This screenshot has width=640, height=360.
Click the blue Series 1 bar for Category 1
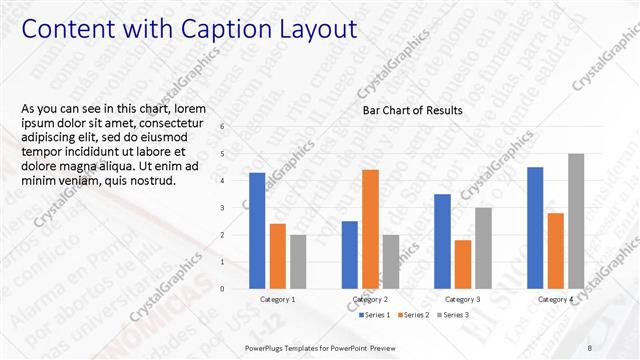tap(257, 231)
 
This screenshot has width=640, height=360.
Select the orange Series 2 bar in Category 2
tap(370, 229)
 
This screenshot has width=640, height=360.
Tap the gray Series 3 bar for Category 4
tap(576, 221)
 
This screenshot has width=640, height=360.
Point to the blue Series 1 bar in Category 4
tap(535, 228)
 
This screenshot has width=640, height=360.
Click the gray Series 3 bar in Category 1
tap(299, 262)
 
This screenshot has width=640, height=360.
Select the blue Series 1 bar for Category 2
tap(349, 255)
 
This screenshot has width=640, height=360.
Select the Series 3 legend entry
tap(453, 315)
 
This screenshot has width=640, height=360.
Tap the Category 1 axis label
tap(278, 300)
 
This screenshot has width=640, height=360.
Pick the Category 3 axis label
tap(462, 300)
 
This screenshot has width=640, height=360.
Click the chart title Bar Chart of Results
tap(412, 110)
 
